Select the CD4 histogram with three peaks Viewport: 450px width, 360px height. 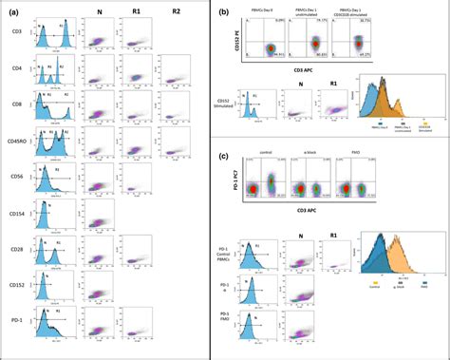tap(55, 72)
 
